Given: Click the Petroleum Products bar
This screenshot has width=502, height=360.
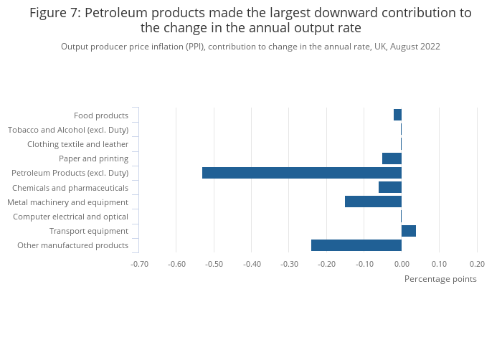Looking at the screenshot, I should click(x=301, y=173).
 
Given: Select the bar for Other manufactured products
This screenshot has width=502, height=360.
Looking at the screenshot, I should click(x=356, y=245).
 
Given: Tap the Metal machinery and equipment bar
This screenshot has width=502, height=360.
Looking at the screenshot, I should click(x=373, y=202).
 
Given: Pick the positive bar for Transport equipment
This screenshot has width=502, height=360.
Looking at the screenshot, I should click(x=408, y=231).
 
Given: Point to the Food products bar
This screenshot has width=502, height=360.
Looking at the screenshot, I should click(x=397, y=115).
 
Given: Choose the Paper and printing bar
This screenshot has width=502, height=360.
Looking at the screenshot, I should click(x=392, y=158).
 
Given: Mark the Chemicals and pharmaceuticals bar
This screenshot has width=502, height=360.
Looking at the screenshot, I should click(x=389, y=187).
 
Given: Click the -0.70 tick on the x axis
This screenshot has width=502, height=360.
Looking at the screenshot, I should click(x=139, y=264).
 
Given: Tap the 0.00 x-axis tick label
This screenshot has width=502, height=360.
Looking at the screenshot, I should click(x=401, y=264).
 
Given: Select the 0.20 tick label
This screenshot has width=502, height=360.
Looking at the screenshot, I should click(x=476, y=264).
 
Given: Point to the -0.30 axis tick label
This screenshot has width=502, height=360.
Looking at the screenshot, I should click(x=289, y=264).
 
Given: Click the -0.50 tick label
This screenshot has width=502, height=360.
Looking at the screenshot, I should click(x=214, y=264).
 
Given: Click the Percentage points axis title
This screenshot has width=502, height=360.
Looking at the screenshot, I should click(x=440, y=279).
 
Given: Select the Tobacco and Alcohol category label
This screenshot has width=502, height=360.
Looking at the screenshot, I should click(x=68, y=130).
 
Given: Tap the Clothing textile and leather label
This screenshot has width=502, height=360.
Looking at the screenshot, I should click(x=77, y=144).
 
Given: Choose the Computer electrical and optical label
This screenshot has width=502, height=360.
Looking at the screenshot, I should click(x=70, y=217).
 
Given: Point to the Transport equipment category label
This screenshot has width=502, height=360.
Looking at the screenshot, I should click(x=89, y=231).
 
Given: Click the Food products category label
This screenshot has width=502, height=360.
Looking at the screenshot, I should click(x=101, y=115).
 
